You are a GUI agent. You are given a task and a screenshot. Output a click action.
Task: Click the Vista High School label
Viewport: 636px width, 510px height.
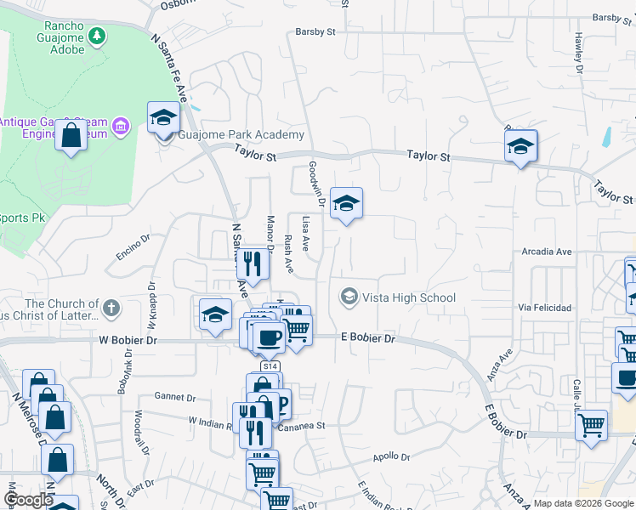(409, 297)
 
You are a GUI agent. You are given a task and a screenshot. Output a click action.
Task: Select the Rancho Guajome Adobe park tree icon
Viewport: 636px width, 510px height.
(98, 35)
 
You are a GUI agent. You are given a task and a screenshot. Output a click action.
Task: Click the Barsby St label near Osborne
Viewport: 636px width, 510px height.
(316, 32)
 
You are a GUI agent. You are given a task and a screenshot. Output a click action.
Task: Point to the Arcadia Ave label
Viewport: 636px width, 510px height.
(547, 252)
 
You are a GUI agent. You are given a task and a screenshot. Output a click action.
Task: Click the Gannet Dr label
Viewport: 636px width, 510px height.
(175, 397)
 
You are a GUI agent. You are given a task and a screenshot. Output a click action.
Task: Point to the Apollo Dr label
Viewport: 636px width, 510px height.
(391, 457)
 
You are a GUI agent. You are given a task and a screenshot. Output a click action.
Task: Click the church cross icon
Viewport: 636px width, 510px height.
(111, 306)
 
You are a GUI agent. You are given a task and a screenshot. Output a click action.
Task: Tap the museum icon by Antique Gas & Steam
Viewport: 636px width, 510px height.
(121, 127)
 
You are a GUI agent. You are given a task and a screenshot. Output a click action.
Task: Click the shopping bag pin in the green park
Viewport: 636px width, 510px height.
(71, 135)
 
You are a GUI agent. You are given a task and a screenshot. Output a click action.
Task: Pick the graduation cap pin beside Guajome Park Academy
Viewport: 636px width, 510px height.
(162, 118)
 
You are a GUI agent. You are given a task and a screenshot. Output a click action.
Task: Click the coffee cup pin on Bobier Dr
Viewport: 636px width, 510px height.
(269, 337)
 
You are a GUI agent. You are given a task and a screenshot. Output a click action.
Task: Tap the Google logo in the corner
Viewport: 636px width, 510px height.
(28, 501)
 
